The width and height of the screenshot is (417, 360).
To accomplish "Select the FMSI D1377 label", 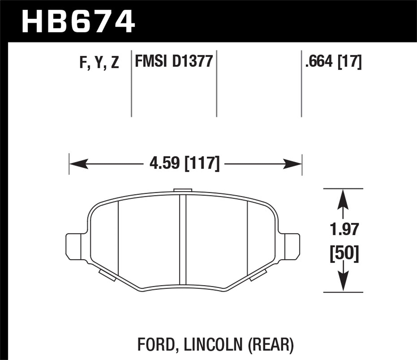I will tap(174, 61).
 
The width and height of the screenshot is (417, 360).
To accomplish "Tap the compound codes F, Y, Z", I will tap(99, 62).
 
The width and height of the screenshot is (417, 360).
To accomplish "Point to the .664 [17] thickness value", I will tap(333, 61).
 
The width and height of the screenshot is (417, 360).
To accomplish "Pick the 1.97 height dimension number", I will tap(344, 229).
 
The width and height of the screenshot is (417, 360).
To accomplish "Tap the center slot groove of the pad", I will tap(183, 239).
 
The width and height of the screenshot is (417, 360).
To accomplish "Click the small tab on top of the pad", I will tap(183, 190).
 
